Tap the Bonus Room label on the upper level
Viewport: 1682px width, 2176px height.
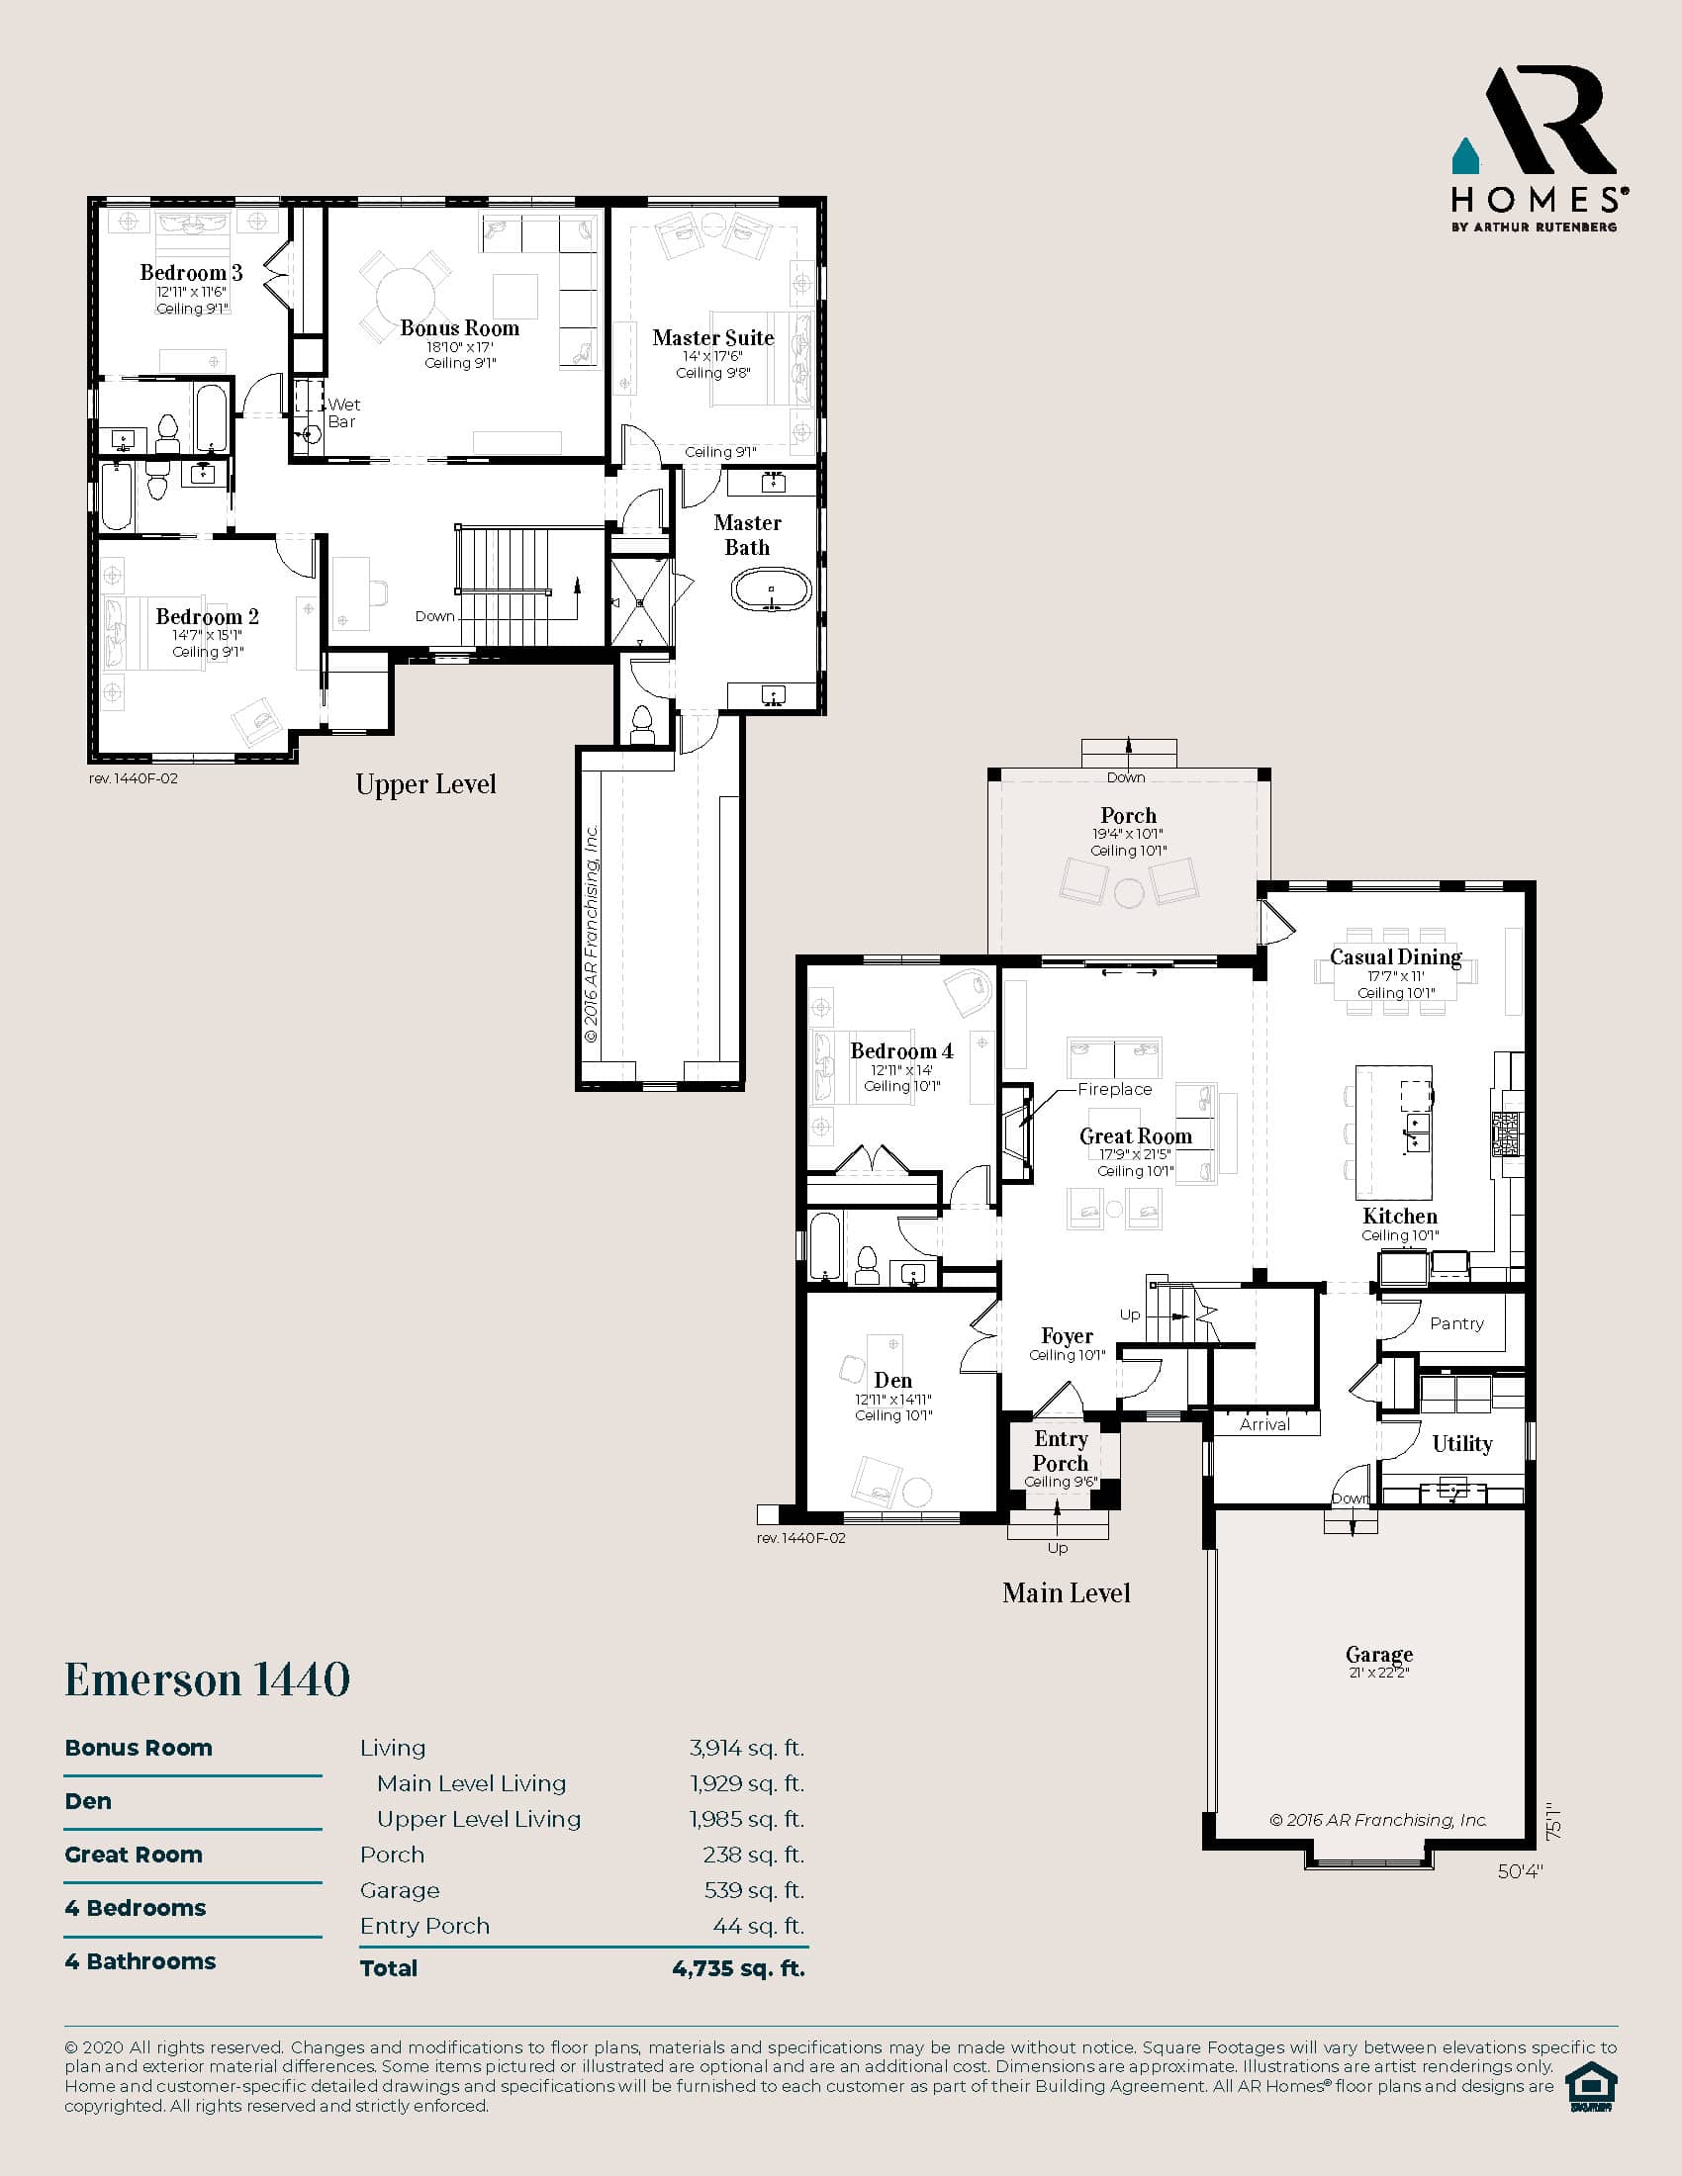(459, 327)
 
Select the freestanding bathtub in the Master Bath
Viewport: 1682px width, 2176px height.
(772, 589)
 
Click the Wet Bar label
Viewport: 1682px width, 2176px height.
(343, 412)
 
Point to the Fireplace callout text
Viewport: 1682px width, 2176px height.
(1114, 1089)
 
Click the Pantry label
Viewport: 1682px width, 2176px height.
(1456, 1323)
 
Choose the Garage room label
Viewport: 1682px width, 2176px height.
(1379, 1654)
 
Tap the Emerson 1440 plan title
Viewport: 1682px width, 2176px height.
(207, 1678)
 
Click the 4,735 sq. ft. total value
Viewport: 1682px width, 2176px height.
(738, 1967)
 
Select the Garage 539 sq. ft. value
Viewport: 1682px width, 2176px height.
(753, 1890)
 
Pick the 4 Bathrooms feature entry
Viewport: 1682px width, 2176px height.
(140, 1960)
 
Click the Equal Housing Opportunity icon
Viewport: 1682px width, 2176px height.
(1591, 2086)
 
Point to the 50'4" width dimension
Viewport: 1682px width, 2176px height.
(1520, 1871)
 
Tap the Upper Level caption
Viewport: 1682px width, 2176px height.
(425, 784)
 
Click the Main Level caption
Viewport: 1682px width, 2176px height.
(1067, 1592)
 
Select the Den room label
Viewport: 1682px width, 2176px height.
(892, 1380)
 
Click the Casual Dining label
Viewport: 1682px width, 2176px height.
(1395, 956)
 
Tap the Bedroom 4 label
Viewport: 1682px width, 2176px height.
(901, 1050)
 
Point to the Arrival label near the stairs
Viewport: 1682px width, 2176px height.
(1264, 1424)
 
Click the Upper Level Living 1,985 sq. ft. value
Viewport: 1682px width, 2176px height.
(746, 1818)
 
